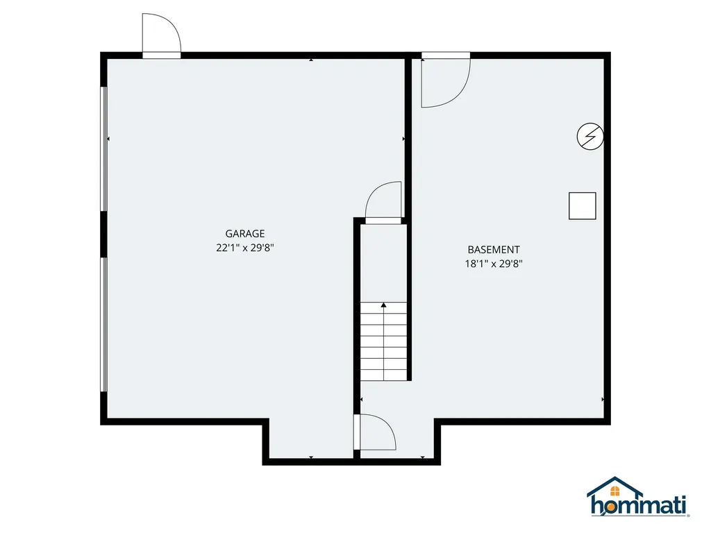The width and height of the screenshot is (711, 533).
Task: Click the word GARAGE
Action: (x=245, y=233)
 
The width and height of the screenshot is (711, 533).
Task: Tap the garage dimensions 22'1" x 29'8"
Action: (x=245, y=248)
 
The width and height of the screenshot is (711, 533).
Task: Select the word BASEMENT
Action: (x=494, y=249)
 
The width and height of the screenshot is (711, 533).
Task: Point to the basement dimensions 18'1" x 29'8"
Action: (x=494, y=263)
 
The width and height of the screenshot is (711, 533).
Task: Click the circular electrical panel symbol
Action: (x=590, y=136)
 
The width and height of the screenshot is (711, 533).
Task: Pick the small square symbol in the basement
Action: (x=583, y=205)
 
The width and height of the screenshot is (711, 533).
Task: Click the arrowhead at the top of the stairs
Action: (x=383, y=305)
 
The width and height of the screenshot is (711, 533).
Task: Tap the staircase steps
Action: (x=383, y=341)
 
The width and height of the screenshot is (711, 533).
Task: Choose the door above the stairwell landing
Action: (x=383, y=203)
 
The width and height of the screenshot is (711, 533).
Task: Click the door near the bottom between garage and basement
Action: (x=374, y=432)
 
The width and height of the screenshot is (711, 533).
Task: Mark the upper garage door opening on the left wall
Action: (x=104, y=149)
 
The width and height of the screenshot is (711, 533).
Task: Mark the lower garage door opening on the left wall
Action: (x=104, y=325)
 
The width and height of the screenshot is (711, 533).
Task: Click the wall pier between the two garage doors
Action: (x=104, y=235)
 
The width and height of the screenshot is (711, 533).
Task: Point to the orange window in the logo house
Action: (x=615, y=491)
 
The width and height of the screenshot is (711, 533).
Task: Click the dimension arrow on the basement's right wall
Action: (x=603, y=399)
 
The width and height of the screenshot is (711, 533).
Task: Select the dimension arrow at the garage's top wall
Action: (x=311, y=60)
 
